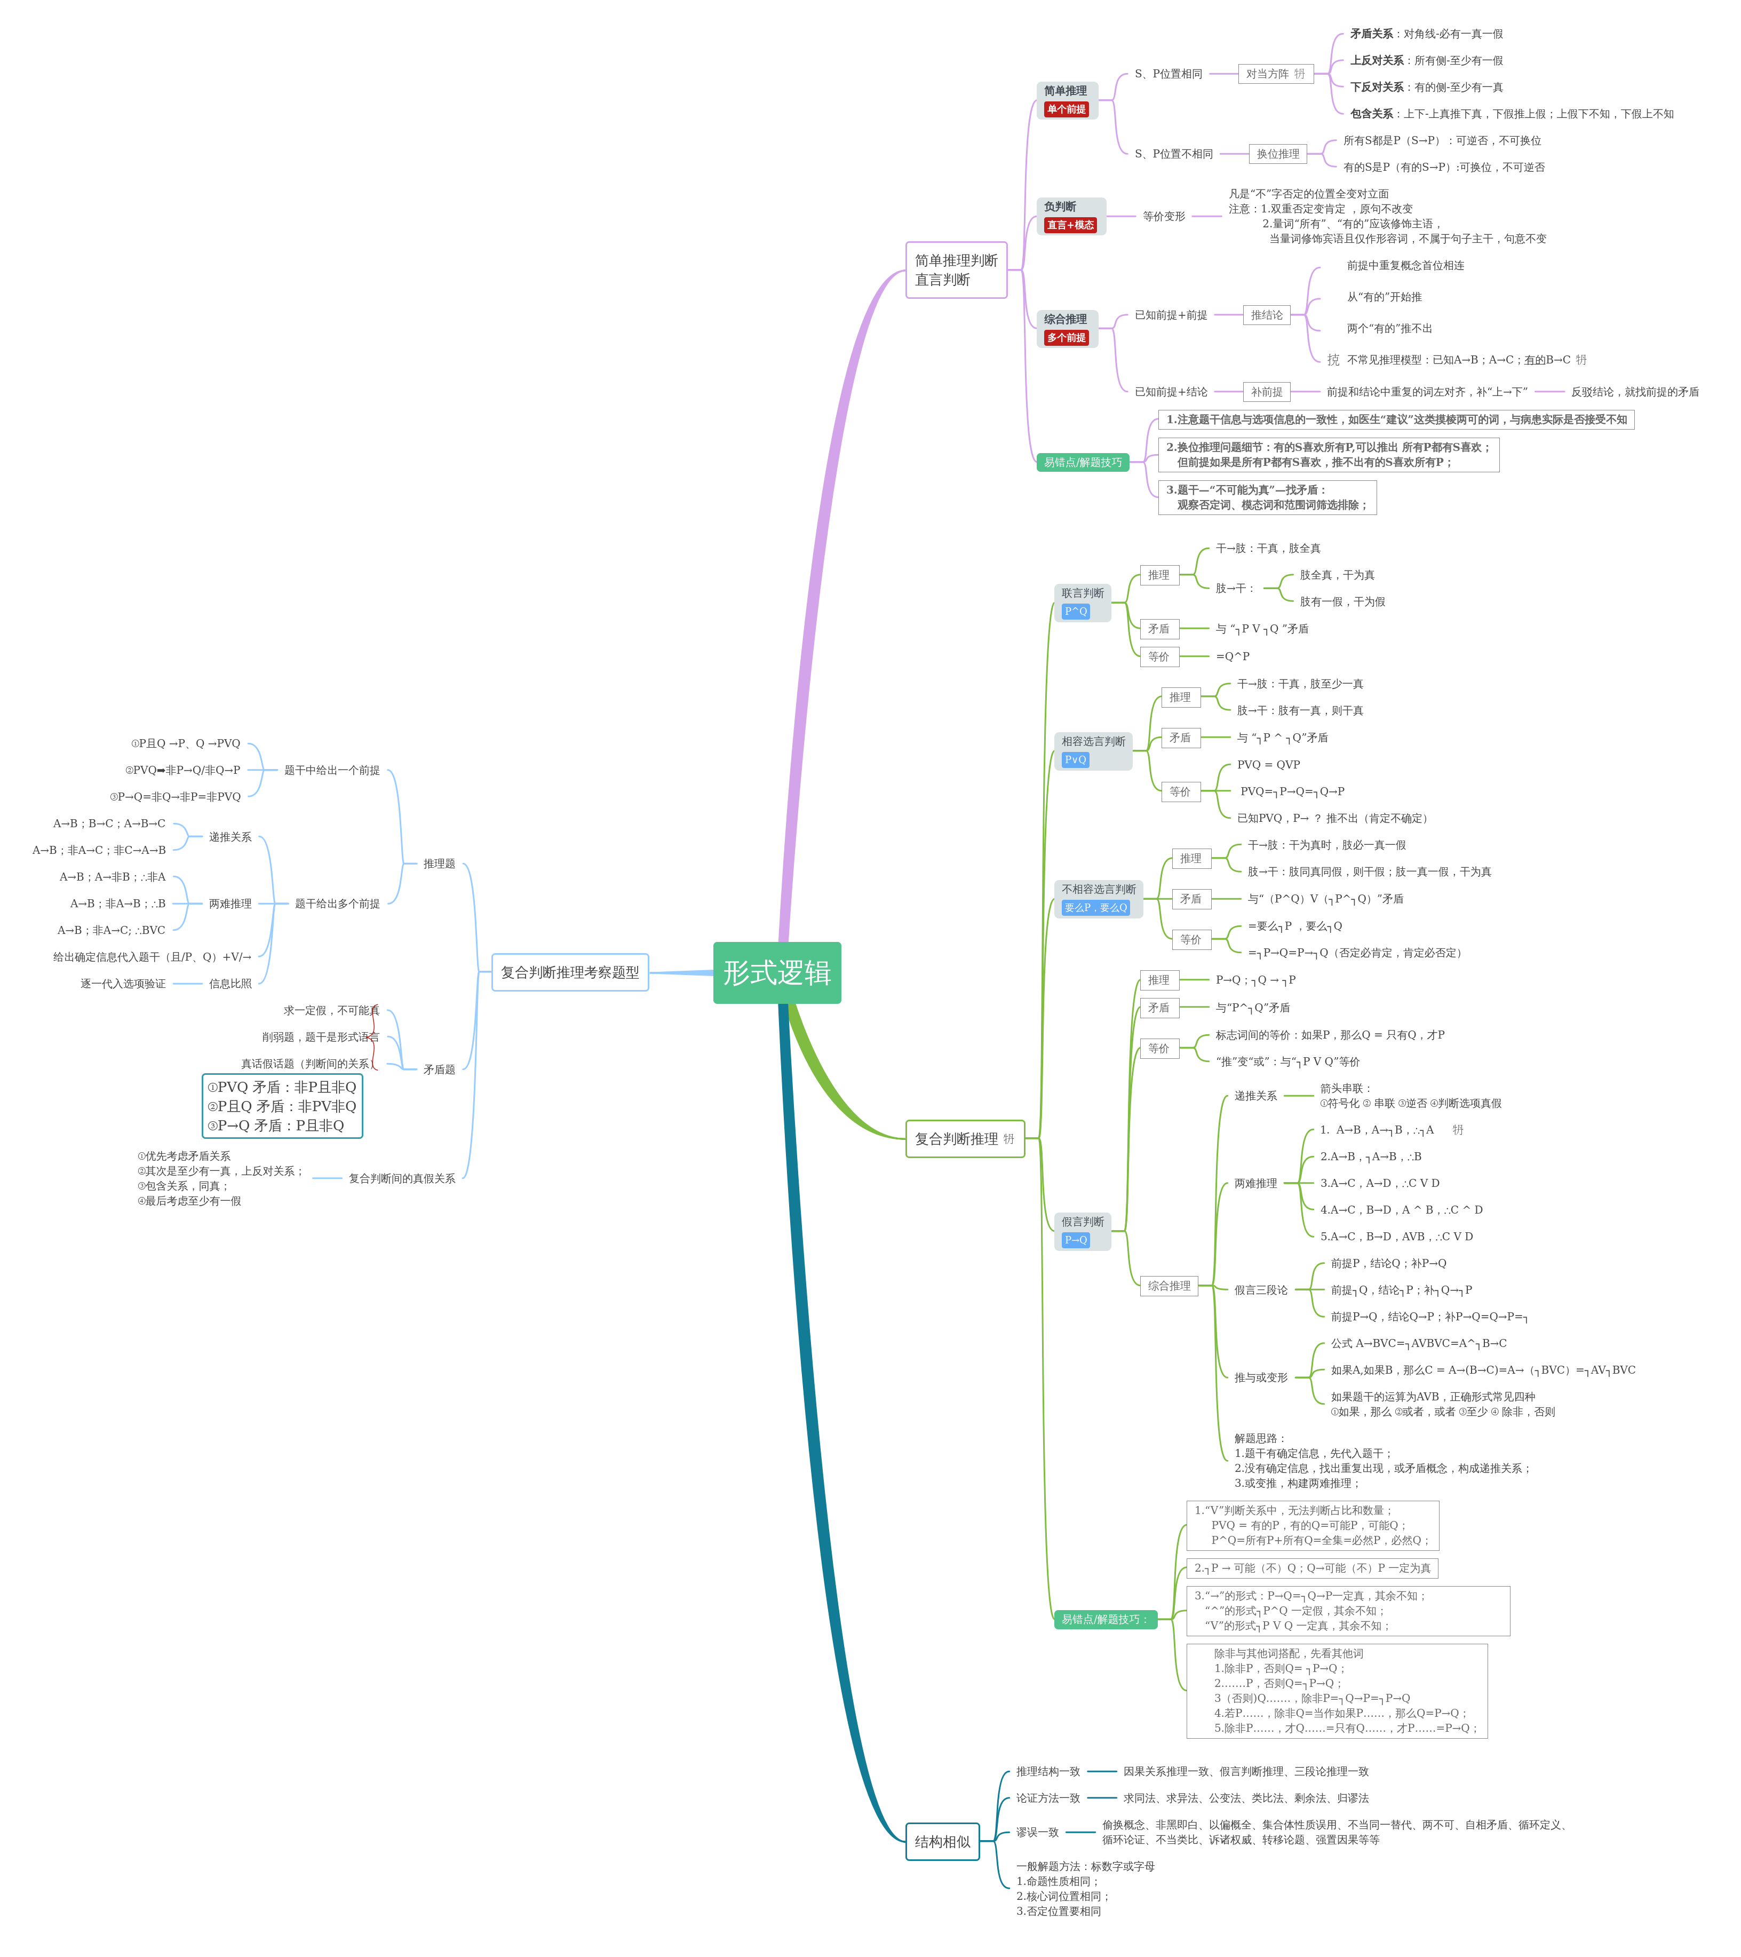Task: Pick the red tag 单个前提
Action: coord(1066,109)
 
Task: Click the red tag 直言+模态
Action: coord(1070,225)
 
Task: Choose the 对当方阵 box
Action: coord(1274,74)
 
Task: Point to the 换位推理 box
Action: coord(1278,154)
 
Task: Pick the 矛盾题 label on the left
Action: coord(439,1069)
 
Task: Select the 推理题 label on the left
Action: coord(439,863)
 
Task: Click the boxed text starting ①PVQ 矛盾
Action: coord(282,1106)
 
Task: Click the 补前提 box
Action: coord(1266,392)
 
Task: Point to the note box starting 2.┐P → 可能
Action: coord(1311,1568)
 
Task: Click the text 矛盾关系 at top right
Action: coord(1371,34)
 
